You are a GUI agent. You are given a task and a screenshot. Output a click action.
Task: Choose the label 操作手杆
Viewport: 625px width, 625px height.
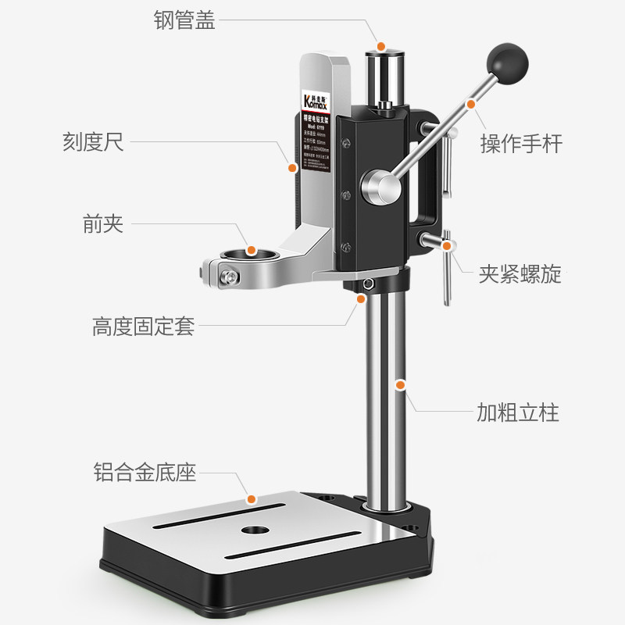[x=521, y=144]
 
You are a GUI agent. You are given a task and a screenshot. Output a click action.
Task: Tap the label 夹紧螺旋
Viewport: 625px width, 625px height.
[x=520, y=274]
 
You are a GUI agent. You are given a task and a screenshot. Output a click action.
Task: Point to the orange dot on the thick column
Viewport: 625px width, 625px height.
[x=401, y=384]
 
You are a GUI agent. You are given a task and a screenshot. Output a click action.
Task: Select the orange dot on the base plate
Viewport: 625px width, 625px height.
[x=252, y=498]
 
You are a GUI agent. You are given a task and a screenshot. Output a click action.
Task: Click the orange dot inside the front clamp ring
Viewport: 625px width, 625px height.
[x=251, y=250]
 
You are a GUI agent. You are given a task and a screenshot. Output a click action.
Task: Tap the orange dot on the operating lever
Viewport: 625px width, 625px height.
[x=471, y=103]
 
